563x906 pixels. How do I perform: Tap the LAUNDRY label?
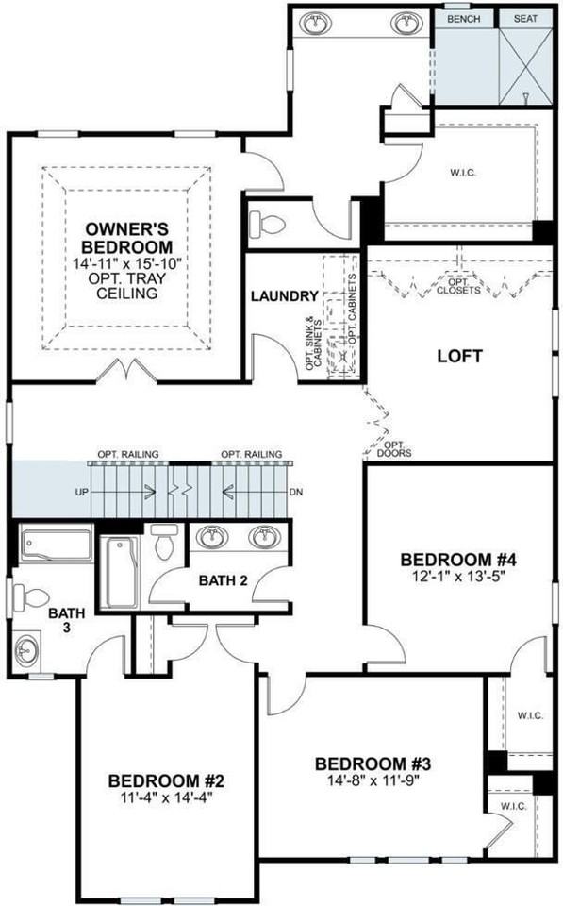(x=284, y=296)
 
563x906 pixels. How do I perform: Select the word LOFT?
(x=460, y=357)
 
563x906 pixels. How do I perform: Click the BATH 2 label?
(x=223, y=579)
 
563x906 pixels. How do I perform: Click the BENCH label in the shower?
(x=463, y=18)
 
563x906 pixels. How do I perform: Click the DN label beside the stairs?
(x=295, y=493)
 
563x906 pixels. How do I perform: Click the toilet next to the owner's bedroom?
(x=265, y=224)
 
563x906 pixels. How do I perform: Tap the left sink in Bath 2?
(x=215, y=539)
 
